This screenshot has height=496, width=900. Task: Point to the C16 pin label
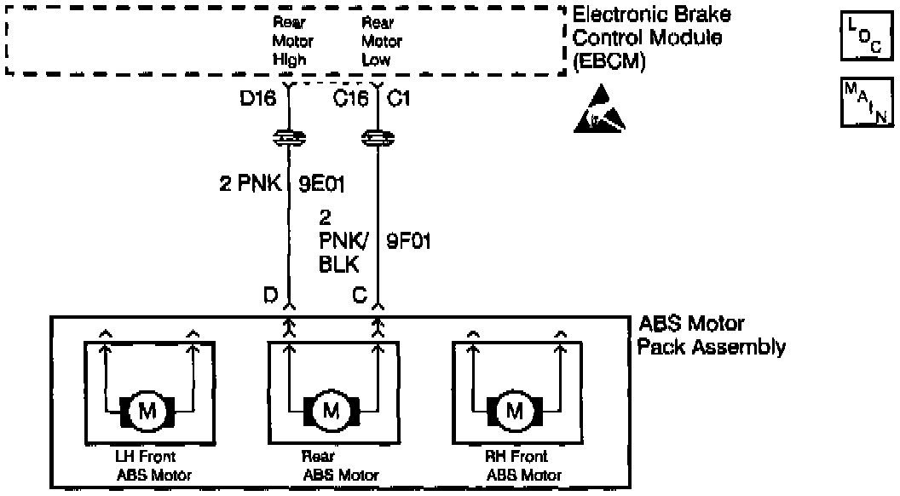[x=351, y=98]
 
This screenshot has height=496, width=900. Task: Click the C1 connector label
[x=399, y=98]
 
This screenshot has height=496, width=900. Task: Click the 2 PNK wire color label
[x=251, y=183]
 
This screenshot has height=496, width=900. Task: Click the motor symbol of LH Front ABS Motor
[x=147, y=412]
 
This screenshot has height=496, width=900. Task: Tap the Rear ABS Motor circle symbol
[x=331, y=412]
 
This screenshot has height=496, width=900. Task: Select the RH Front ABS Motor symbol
[x=514, y=412]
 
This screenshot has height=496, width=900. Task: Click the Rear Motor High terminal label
[x=293, y=41]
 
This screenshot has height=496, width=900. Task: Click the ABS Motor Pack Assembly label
[x=712, y=336]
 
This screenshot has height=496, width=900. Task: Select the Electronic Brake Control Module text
[x=651, y=37]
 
